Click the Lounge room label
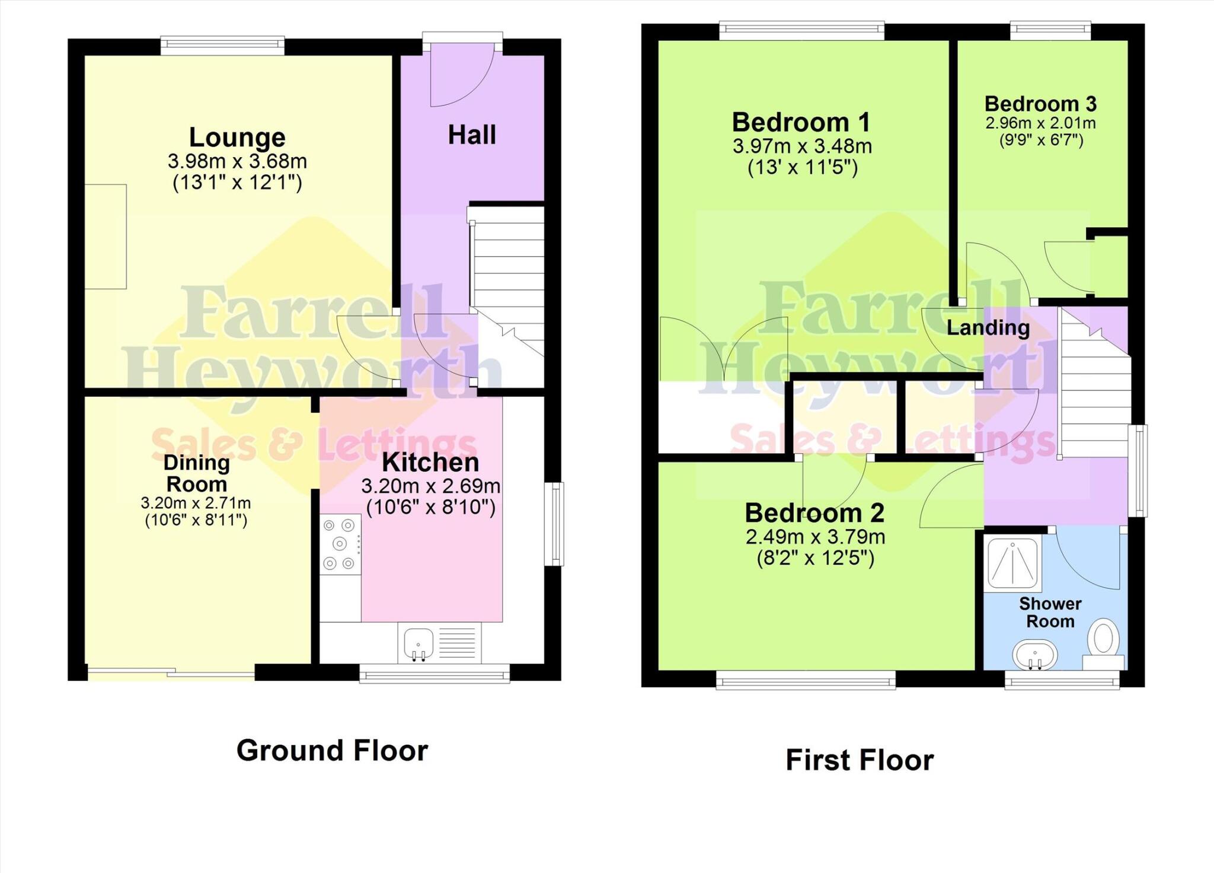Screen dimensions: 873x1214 [x=237, y=138]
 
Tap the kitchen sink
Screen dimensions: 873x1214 [x=418, y=643]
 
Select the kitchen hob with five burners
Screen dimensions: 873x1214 [x=340, y=544]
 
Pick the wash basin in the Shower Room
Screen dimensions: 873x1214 [x=1034, y=655]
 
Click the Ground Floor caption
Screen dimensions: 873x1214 [x=332, y=751]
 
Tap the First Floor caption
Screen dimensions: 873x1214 [x=860, y=760]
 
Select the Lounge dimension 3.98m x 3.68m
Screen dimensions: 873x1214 [x=237, y=161]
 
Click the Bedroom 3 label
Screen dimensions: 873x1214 [x=1040, y=104]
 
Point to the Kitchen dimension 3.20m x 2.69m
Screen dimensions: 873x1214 [x=431, y=486]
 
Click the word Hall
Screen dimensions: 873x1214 [x=472, y=135]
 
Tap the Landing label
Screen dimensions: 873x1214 [x=988, y=327]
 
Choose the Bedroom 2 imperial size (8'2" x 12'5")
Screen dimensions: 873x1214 [x=815, y=559]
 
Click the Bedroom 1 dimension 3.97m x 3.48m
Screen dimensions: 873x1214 [x=802, y=146]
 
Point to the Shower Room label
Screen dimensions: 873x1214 [x=1050, y=613]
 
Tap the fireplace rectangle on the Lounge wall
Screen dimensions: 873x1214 [x=106, y=237]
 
